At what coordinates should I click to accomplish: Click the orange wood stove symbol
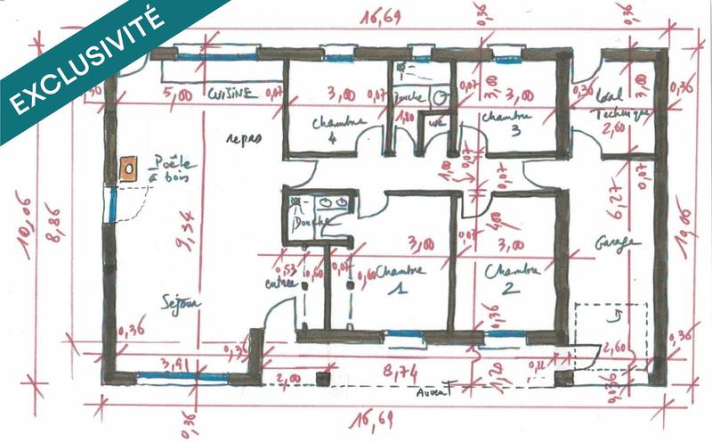click(x=128, y=166)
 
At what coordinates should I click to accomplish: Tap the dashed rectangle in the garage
click(x=610, y=334)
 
